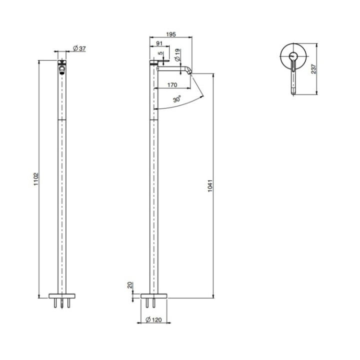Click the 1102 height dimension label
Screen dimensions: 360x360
pyautogui.click(x=36, y=179)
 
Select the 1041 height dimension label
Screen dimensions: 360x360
pyautogui.click(x=210, y=186)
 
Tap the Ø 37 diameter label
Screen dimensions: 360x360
pyautogui.click(x=79, y=48)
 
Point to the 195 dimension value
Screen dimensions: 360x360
pyautogui.click(x=171, y=34)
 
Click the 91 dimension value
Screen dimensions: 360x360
pyautogui.click(x=159, y=43)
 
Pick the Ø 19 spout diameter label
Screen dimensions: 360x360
pyautogui.click(x=177, y=55)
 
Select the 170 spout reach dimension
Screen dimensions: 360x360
pyautogui.click(x=172, y=85)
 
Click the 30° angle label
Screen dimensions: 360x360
pyautogui.click(x=177, y=99)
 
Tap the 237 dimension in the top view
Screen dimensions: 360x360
pyautogui.click(x=313, y=69)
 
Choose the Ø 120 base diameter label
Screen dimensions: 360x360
pyautogui.click(x=153, y=319)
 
